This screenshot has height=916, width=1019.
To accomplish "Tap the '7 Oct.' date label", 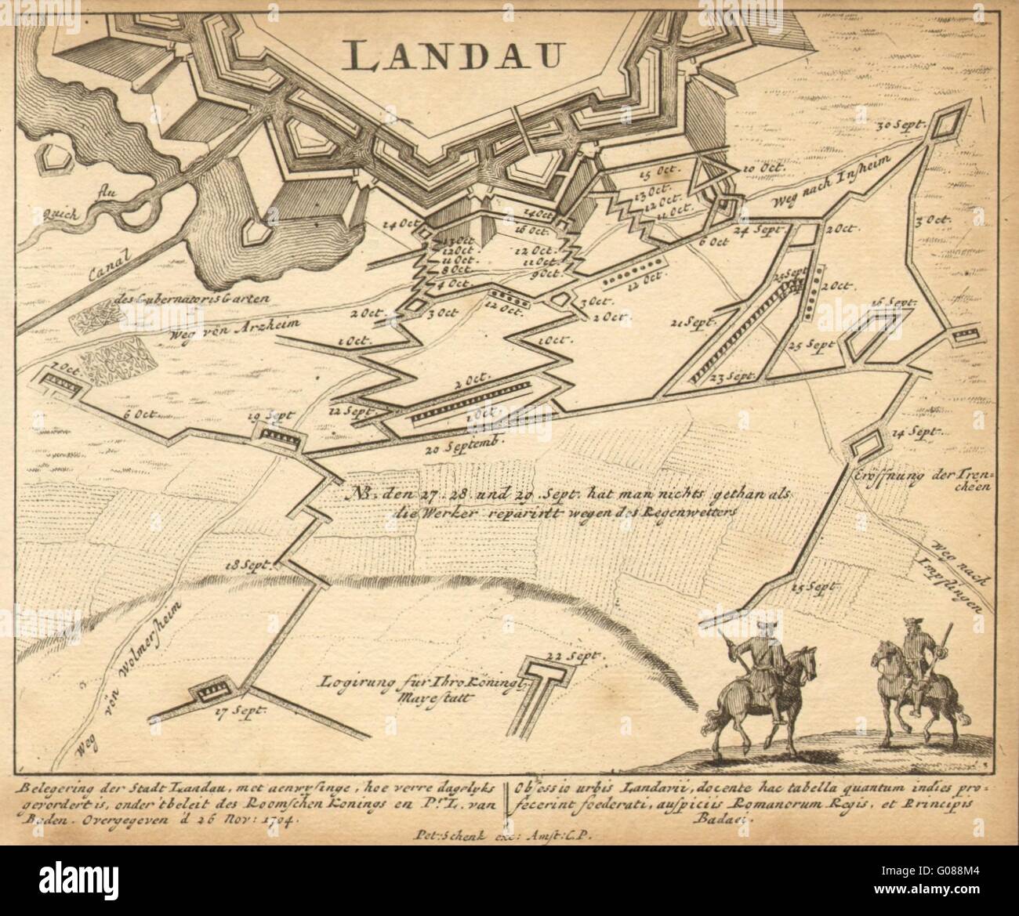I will (65, 366).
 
